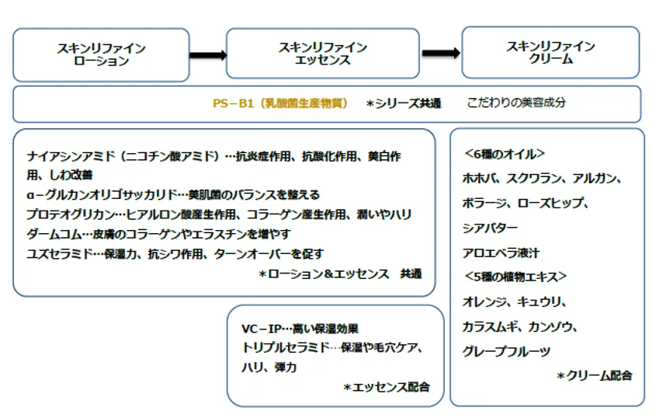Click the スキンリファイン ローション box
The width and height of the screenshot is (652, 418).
click(x=101, y=55)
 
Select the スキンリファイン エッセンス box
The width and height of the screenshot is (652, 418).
click(x=323, y=54)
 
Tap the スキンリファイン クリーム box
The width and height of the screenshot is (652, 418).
click(x=550, y=53)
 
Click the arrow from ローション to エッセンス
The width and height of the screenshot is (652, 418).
click(x=208, y=55)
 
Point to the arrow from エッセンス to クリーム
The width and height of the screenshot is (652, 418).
click(x=441, y=53)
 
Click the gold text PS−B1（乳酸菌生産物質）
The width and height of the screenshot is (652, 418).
click(x=280, y=103)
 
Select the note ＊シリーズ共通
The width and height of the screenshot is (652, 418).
click(x=404, y=103)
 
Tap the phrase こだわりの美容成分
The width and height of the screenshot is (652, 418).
click(x=516, y=103)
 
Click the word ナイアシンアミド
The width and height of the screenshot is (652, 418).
click(x=71, y=156)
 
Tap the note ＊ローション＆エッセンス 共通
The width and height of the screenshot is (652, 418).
click(x=340, y=273)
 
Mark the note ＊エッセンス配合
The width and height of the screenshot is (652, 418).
click(x=387, y=387)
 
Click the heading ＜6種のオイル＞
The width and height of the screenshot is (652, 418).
click(x=505, y=154)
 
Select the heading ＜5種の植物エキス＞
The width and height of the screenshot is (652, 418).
click(x=515, y=277)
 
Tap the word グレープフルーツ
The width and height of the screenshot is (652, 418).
click(x=506, y=351)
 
